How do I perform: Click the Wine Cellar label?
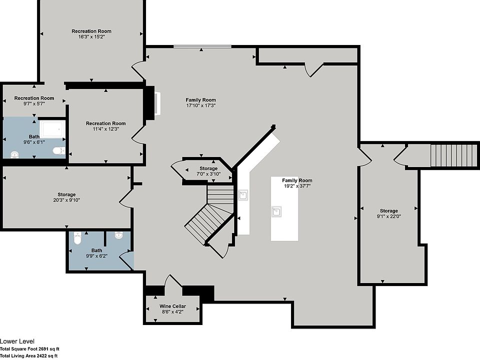(172, 306)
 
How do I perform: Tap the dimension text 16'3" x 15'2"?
(91, 36)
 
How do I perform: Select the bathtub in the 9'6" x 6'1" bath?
(52, 129)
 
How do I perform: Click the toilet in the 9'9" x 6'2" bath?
(78, 238)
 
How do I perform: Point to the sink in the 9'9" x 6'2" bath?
(119, 235)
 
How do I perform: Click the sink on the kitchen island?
(276, 211)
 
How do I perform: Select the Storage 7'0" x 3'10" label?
(208, 171)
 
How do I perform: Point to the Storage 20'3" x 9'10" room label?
(66, 197)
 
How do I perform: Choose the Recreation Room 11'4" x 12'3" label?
(105, 126)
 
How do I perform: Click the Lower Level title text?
(17, 341)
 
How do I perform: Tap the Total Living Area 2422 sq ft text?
(29, 355)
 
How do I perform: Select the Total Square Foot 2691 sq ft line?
(29, 349)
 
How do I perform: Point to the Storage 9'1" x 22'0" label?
(389, 213)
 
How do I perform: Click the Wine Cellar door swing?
(173, 281)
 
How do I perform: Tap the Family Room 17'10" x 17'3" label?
(200, 102)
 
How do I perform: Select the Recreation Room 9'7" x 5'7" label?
(34, 100)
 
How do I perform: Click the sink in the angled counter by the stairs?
(243, 194)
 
